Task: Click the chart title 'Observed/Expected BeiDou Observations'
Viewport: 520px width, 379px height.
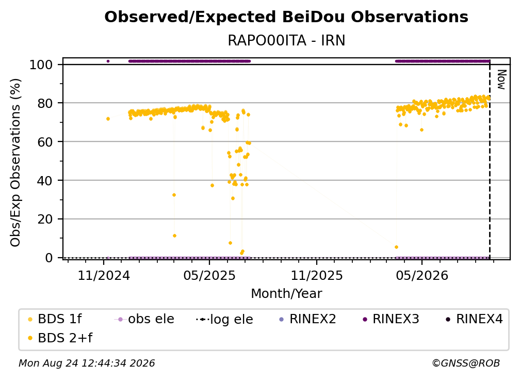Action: point(286,17)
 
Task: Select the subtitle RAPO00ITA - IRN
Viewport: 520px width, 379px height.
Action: point(286,40)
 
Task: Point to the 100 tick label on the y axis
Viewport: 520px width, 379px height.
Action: point(41,65)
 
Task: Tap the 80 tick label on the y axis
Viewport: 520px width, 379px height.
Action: point(45,103)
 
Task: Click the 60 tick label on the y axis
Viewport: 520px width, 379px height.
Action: point(45,142)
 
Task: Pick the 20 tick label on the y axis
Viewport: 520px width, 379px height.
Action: point(45,219)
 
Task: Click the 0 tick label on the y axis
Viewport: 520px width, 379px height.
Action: point(49,258)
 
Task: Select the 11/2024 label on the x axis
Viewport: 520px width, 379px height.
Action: point(104,275)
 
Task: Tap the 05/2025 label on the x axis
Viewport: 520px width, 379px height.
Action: point(209,275)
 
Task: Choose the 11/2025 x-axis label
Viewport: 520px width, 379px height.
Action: point(317,275)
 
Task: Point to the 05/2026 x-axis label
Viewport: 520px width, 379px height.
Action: point(422,275)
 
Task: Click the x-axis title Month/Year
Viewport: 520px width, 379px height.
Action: point(286,294)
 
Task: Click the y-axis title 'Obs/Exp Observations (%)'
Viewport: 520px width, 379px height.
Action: point(15,162)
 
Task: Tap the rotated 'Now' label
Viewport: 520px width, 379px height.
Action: point(501,80)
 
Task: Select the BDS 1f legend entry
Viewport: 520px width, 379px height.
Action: point(55,319)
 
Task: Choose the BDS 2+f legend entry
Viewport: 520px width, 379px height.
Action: point(60,338)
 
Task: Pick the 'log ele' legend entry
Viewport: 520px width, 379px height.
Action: point(224,320)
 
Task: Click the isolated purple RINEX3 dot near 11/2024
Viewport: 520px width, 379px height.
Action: point(108,61)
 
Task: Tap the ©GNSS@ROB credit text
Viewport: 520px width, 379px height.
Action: point(466,363)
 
